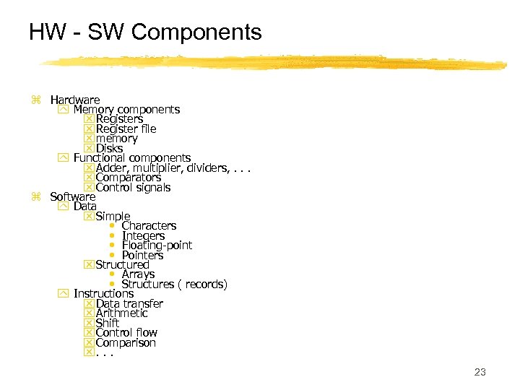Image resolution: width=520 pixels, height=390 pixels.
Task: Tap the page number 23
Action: click(x=480, y=373)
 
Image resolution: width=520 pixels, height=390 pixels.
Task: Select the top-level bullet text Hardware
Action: click(x=75, y=100)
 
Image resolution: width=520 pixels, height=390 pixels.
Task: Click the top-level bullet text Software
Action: click(x=72, y=196)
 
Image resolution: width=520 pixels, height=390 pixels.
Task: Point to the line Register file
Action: click(x=126, y=129)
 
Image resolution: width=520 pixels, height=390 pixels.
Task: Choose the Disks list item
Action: click(x=109, y=148)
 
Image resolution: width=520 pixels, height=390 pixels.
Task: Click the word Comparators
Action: click(x=128, y=177)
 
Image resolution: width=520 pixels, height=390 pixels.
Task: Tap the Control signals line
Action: click(x=133, y=187)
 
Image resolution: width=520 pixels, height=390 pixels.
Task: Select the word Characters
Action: click(x=149, y=226)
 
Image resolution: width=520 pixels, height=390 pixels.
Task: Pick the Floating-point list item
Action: click(x=157, y=246)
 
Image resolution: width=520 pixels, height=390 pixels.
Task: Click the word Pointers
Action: click(x=142, y=255)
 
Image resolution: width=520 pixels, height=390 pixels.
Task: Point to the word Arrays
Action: click(x=138, y=274)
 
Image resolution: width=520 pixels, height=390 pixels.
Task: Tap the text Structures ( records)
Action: click(x=174, y=285)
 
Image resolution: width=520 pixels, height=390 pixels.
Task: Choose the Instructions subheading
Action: click(x=103, y=294)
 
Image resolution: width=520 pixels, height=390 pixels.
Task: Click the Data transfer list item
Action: click(x=129, y=304)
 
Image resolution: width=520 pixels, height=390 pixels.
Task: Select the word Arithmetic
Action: click(x=121, y=313)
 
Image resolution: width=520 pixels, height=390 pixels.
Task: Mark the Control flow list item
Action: click(x=126, y=333)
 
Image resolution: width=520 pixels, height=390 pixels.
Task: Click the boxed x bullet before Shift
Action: click(x=89, y=324)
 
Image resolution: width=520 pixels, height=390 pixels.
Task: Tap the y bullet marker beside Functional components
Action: click(x=62, y=157)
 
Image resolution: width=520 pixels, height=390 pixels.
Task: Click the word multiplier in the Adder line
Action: click(x=156, y=168)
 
